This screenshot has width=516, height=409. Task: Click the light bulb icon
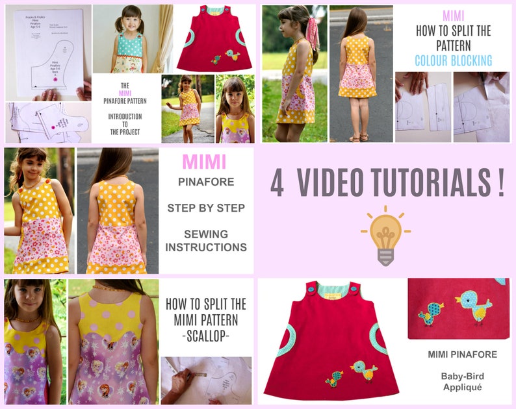pos(385,234)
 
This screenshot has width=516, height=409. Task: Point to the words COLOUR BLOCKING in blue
pos(453,60)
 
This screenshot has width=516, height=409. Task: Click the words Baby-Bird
pos(462,376)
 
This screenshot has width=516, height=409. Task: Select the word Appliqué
pos(462,387)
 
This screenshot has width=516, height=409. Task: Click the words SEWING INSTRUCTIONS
pos(205,240)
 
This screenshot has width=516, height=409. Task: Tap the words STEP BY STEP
pos(205,208)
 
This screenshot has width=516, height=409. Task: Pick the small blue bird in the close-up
pos(431,313)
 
